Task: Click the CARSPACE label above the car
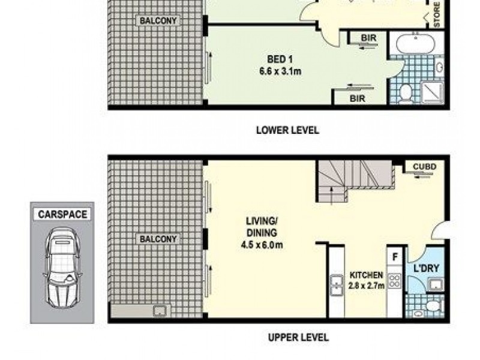(62, 214)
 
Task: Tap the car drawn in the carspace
(62, 268)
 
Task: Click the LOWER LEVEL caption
(287, 130)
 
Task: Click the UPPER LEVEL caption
(298, 337)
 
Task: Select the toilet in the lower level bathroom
(406, 92)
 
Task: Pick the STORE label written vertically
(437, 15)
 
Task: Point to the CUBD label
(424, 166)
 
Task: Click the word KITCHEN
(366, 275)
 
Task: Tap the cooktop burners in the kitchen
(395, 281)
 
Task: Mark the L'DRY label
(424, 269)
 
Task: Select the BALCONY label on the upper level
(158, 239)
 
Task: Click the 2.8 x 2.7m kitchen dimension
(367, 286)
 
